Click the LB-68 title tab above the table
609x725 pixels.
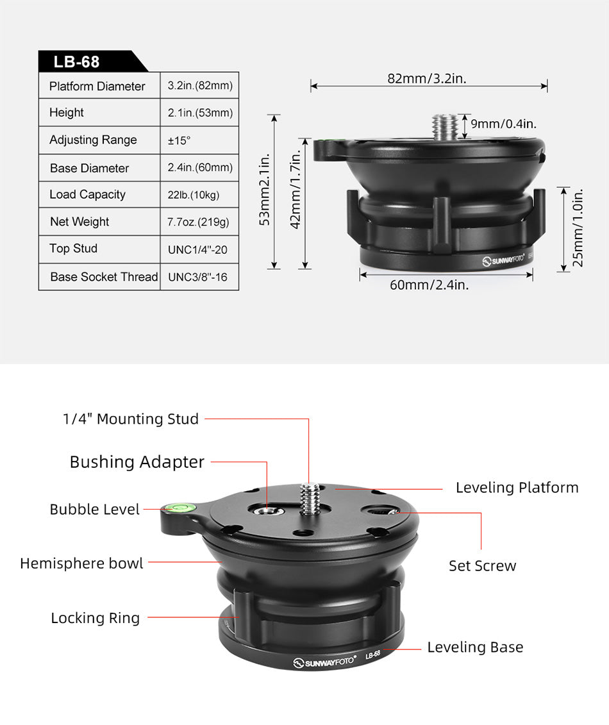click(x=77, y=62)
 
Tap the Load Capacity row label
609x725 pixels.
click(x=87, y=194)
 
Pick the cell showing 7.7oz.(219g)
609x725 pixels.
click(x=198, y=222)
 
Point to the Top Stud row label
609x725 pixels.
click(x=73, y=249)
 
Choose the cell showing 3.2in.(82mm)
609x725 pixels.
click(x=199, y=85)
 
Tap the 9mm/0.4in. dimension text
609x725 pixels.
click(x=504, y=124)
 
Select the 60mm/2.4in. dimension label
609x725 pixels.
click(x=429, y=285)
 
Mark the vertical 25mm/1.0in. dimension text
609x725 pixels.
click(x=578, y=228)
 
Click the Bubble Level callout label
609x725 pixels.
click(x=94, y=510)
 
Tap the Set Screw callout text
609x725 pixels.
click(x=482, y=565)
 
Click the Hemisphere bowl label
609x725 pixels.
click(x=81, y=563)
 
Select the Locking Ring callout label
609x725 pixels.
click(x=95, y=618)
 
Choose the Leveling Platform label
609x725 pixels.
click(x=517, y=488)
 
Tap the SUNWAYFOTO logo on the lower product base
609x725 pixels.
click(x=324, y=662)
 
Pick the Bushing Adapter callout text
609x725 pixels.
click(x=137, y=462)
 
